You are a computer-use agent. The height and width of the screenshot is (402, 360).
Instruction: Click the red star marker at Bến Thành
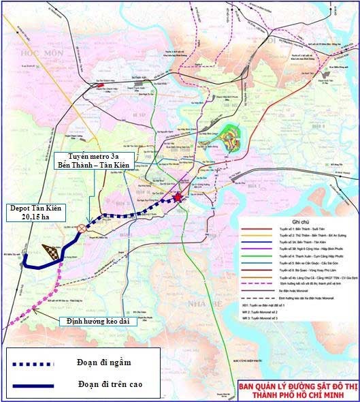point(178,198)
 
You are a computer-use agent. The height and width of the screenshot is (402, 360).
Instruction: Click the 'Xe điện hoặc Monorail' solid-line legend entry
point(287,291)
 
